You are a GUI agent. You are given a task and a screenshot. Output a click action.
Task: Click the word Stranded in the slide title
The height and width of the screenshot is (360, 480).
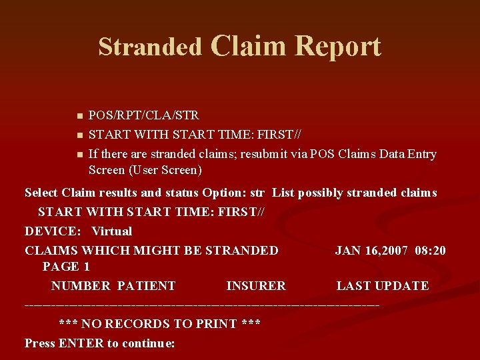pos(150,47)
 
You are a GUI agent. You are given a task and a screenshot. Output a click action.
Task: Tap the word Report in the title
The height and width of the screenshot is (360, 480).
pos(338,46)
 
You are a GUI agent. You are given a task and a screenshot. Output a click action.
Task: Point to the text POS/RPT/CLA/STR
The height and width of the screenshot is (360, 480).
pos(143,115)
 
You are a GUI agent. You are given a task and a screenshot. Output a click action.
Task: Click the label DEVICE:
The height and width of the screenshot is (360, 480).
pos(53,231)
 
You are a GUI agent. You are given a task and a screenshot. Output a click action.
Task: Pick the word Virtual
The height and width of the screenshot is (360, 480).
pos(111,231)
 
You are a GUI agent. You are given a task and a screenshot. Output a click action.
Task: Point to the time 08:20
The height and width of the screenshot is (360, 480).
pos(430,251)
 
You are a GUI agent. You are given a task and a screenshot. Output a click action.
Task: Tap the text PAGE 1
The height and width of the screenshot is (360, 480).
pos(66,267)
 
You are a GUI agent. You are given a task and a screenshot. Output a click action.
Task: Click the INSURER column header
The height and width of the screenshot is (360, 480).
pos(256,286)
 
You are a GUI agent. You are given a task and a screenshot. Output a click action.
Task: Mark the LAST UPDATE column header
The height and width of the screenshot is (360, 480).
pos(382,286)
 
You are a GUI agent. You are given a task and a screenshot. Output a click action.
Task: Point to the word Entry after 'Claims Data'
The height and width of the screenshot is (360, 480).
pos(421,154)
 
